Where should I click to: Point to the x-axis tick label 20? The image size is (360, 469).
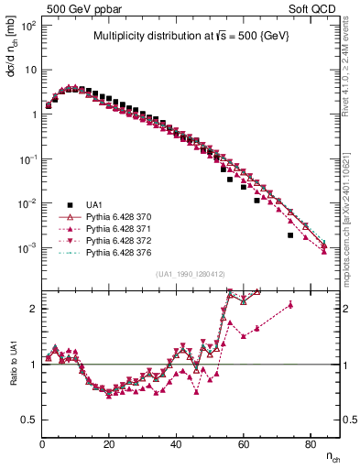pos(110,444)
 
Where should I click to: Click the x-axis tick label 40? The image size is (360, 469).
pos(177,444)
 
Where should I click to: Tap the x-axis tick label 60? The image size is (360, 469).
pos(244,444)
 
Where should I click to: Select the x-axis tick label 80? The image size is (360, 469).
pos(311,444)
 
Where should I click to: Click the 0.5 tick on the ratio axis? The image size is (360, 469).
pos(31,420)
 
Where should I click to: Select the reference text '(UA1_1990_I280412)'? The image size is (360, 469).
pos(196,274)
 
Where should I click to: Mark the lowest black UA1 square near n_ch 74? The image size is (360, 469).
pos(290,235)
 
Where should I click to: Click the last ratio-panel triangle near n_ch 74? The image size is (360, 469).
pos(290,305)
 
